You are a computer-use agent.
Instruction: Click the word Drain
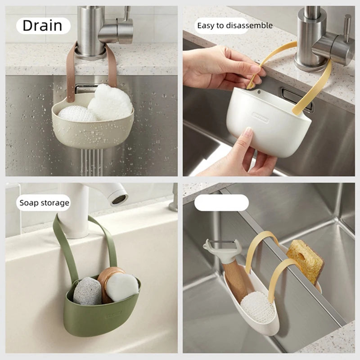[x=42, y=26]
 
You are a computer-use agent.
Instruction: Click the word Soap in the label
[x=28, y=203]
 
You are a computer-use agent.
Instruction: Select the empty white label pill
[x=221, y=203]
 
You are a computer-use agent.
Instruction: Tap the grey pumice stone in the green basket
[x=87, y=291]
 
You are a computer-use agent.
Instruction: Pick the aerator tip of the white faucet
[x=119, y=199]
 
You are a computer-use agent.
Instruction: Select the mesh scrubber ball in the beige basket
[x=77, y=114]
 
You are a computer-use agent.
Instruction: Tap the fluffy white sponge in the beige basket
[x=110, y=103]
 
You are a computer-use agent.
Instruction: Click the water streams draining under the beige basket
[x=91, y=162]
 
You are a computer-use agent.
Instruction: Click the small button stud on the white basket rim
[x=259, y=92]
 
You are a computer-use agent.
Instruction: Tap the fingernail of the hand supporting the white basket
[x=248, y=132]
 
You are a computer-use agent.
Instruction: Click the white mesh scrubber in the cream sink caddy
[x=257, y=308]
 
